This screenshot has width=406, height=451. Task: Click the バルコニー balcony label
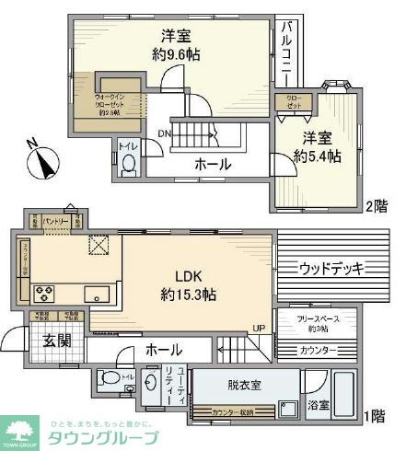click(x=288, y=51)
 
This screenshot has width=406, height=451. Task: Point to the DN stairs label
click(x=163, y=134)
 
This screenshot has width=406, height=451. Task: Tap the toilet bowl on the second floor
click(x=128, y=163)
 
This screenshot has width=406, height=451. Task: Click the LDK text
click(x=188, y=274)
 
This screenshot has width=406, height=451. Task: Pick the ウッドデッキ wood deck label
click(x=331, y=269)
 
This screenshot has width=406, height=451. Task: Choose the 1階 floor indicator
click(x=376, y=416)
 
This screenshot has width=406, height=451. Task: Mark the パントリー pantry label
click(x=55, y=222)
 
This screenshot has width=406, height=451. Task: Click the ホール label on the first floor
click(x=163, y=350)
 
